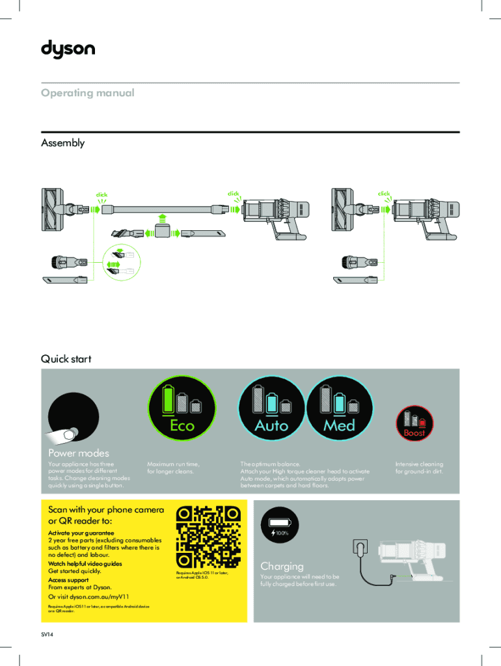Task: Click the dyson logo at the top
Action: point(68,49)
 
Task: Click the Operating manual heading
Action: point(88,93)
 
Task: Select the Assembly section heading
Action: point(62,143)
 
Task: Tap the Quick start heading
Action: point(66,359)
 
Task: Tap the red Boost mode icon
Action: point(414,423)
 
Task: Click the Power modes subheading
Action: point(79,453)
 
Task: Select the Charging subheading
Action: point(282,566)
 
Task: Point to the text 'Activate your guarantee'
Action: point(77,533)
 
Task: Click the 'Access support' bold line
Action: point(68,579)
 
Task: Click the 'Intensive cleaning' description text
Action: point(419,464)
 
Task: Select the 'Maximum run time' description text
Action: point(173,464)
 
